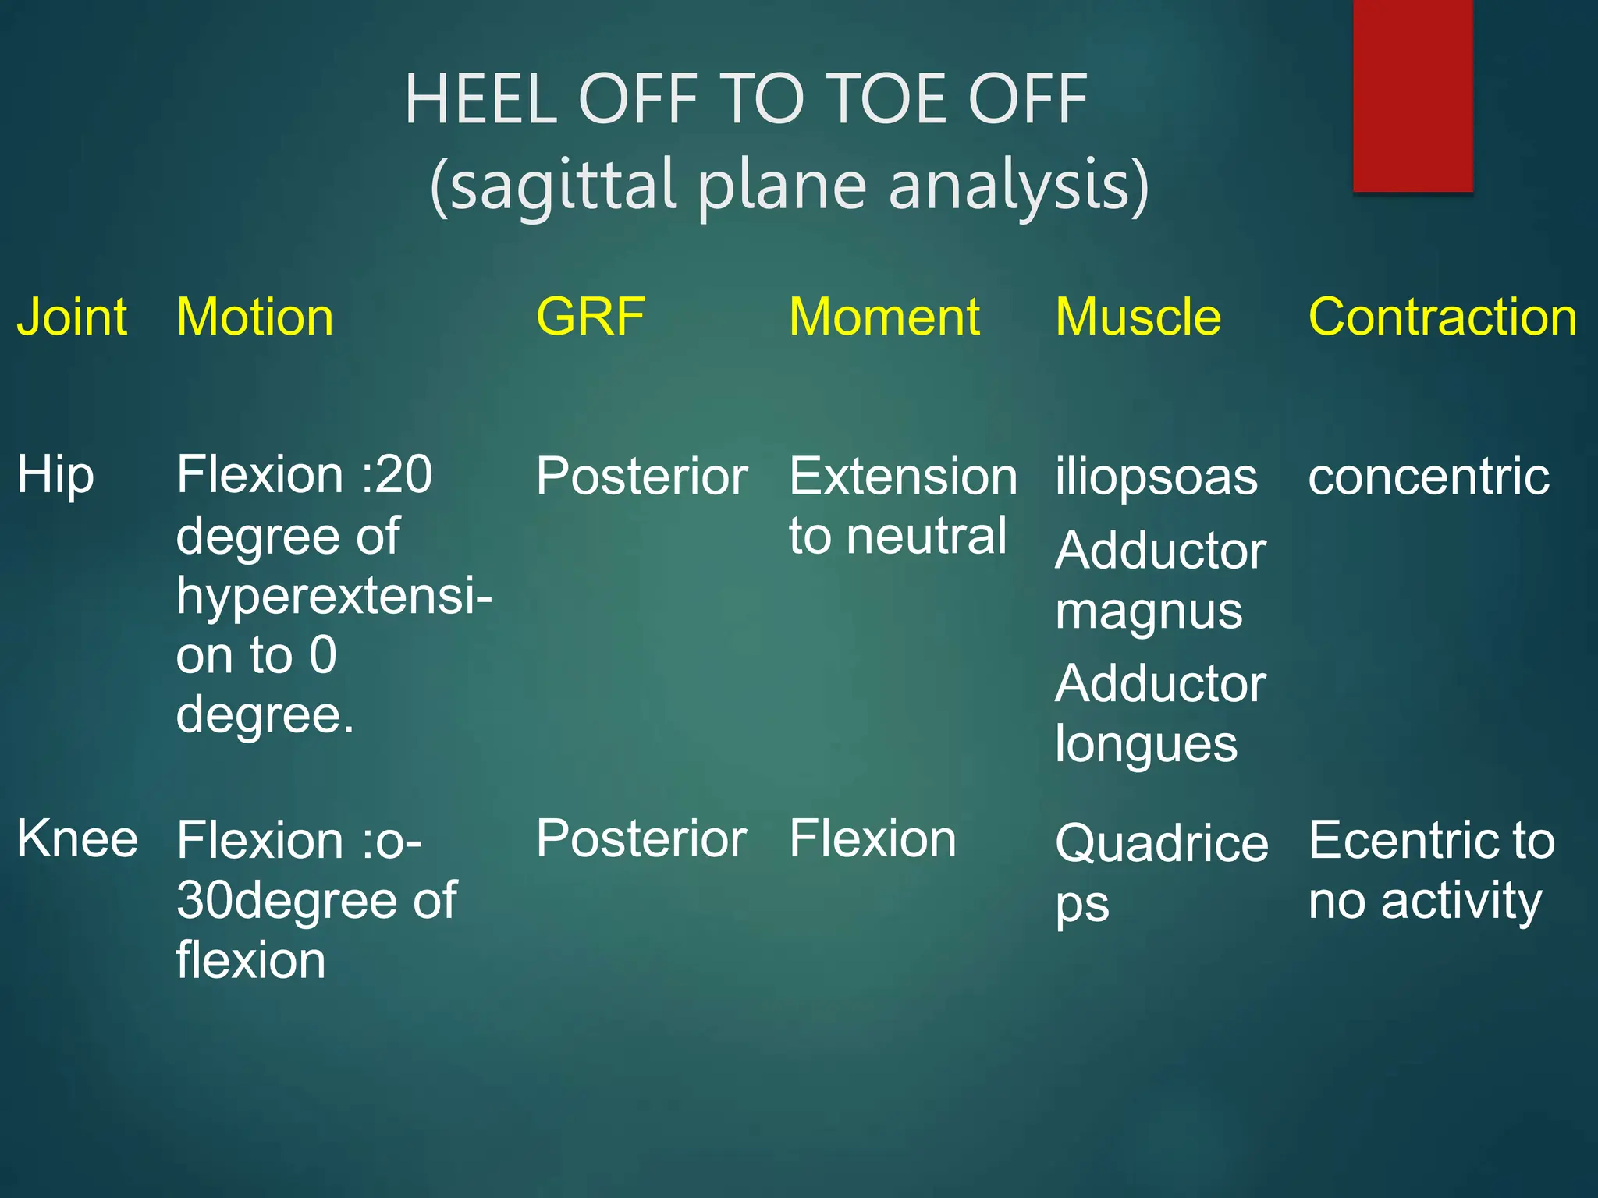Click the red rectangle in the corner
click(1412, 95)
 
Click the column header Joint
click(72, 317)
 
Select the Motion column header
click(255, 317)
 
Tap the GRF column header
click(591, 317)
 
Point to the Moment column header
click(884, 317)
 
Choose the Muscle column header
click(1138, 317)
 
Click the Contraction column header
click(1443, 317)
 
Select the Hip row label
click(55, 476)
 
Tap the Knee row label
click(77, 839)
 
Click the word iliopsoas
click(1156, 477)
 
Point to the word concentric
click(1429, 477)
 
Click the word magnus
click(1149, 612)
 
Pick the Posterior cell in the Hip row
click(641, 477)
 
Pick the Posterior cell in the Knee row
click(641, 839)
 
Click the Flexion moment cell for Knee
click(872, 839)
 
